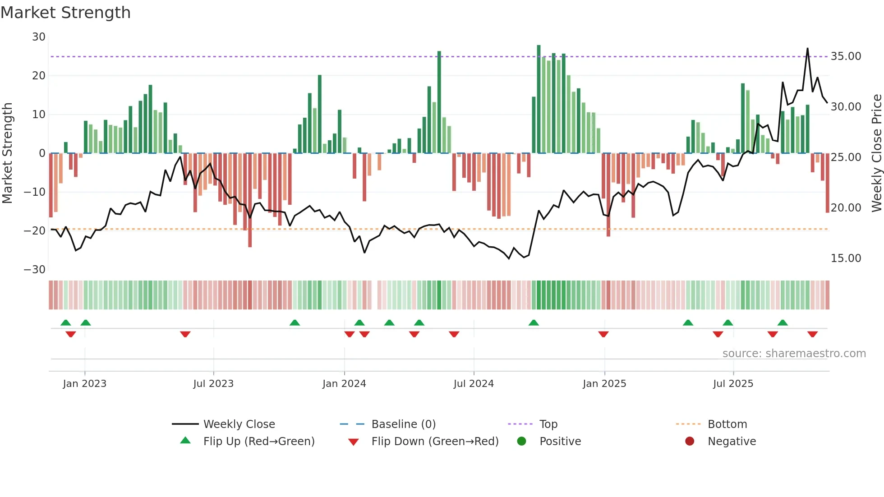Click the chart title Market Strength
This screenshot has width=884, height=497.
[x=65, y=13]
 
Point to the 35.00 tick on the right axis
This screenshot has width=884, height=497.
[x=846, y=56]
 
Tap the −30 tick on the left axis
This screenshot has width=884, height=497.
[x=35, y=270]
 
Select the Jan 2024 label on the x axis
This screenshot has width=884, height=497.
[x=344, y=384]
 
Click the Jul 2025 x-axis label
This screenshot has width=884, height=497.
[x=733, y=384]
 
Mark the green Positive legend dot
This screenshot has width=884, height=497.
[x=522, y=442]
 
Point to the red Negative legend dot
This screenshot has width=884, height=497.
[x=690, y=442]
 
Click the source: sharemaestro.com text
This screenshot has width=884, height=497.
[x=794, y=354]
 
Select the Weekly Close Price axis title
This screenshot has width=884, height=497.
[x=876, y=153]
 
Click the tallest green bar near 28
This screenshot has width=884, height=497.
[x=539, y=99]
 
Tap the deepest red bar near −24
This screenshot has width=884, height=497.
[x=250, y=201]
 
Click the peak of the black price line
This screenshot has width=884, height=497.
[x=807, y=49]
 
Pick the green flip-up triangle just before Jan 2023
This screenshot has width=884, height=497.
[x=66, y=322]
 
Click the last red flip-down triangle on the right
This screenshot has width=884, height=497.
[x=813, y=334]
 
